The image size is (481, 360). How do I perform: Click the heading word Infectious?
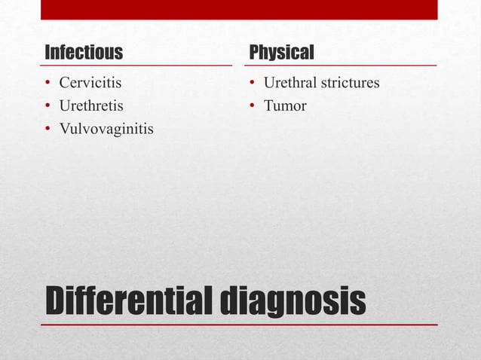[x=84, y=53]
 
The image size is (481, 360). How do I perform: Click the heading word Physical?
[x=281, y=53]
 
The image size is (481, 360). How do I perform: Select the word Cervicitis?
[x=90, y=83]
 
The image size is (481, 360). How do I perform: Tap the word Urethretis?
[x=91, y=106]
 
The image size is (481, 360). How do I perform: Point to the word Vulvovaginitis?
[x=106, y=130]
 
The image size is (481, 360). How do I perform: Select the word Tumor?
[x=285, y=106]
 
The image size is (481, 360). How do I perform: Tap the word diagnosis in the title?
[x=293, y=301]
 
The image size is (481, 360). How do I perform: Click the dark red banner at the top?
[x=239, y=9]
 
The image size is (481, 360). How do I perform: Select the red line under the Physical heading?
[x=340, y=66]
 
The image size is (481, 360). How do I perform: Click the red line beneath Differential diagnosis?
[x=239, y=325]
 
